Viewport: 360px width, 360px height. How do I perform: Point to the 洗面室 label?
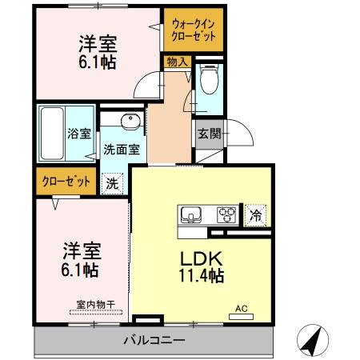click(122, 149)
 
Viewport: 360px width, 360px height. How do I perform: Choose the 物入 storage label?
click(176, 62)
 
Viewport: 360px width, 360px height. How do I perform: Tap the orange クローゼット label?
click(66, 180)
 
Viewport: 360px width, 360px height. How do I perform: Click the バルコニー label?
click(154, 340)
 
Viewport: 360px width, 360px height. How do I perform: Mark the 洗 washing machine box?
click(113, 182)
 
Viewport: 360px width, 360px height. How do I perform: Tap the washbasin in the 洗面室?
click(130, 122)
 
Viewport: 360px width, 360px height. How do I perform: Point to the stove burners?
click(226, 214)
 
